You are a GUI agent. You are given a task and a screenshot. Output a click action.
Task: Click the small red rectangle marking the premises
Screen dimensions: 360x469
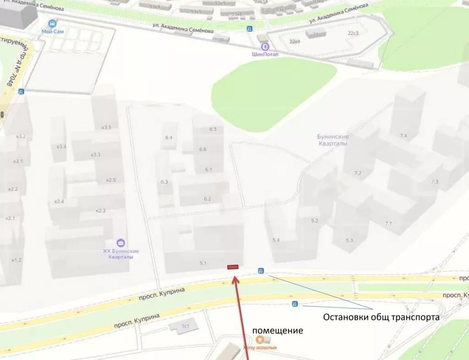click(233, 267)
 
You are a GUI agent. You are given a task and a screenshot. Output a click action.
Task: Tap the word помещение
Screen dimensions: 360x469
click(278, 331)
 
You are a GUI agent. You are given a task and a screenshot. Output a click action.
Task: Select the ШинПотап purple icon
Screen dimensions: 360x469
click(264, 46)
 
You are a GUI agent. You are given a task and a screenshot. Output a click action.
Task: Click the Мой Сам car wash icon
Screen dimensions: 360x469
click(53, 23)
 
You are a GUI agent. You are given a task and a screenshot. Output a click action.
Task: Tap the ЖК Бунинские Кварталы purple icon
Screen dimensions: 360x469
click(120, 242)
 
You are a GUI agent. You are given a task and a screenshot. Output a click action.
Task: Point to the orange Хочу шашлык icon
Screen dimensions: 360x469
click(260, 339)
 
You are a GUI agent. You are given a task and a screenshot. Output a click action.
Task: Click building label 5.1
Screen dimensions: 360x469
click(203, 263)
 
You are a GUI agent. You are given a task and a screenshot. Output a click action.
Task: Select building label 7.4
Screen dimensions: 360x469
click(403, 136)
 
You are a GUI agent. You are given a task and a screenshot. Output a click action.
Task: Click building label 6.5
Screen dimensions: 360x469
click(213, 129)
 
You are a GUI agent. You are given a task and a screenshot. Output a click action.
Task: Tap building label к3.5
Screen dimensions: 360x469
click(106, 127)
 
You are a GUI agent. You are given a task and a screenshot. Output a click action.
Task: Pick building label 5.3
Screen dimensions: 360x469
click(349, 240)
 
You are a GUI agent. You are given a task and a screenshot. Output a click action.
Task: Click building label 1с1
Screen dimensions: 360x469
click(185, 326)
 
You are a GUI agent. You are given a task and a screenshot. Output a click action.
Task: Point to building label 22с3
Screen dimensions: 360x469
click(353, 33)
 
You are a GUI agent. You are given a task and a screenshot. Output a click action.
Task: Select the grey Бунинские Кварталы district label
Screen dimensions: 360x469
click(333, 140)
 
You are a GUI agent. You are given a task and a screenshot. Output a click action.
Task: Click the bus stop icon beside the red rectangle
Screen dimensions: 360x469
click(261, 270)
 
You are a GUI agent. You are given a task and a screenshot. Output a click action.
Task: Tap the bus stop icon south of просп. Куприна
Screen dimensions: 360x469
click(294, 304)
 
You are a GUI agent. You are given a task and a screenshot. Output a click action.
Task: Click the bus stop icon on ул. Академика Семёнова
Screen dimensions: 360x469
click(250, 29)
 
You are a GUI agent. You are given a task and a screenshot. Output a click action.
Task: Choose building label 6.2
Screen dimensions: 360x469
click(207, 199)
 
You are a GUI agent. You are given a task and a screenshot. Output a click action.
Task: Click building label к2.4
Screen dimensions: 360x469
click(59, 202)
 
